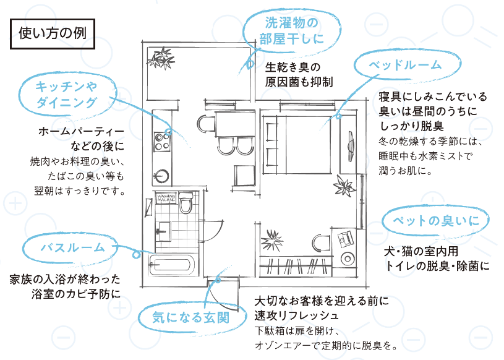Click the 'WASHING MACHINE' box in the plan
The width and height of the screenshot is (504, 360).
(x=168, y=199)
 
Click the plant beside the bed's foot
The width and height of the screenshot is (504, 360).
(x=343, y=184)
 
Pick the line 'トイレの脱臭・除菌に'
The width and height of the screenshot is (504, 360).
(x=437, y=266)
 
